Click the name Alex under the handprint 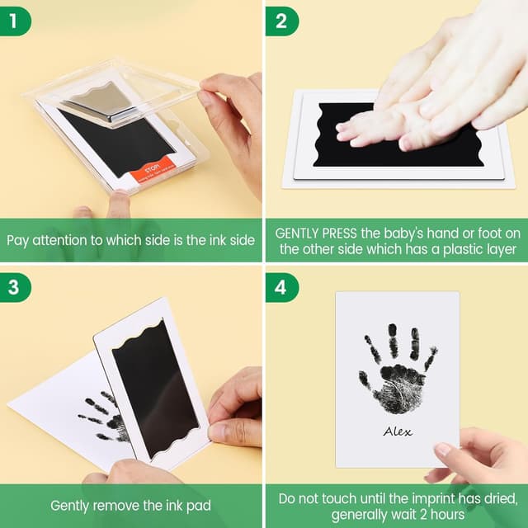(397, 431)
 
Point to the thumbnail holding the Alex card (443, 450)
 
